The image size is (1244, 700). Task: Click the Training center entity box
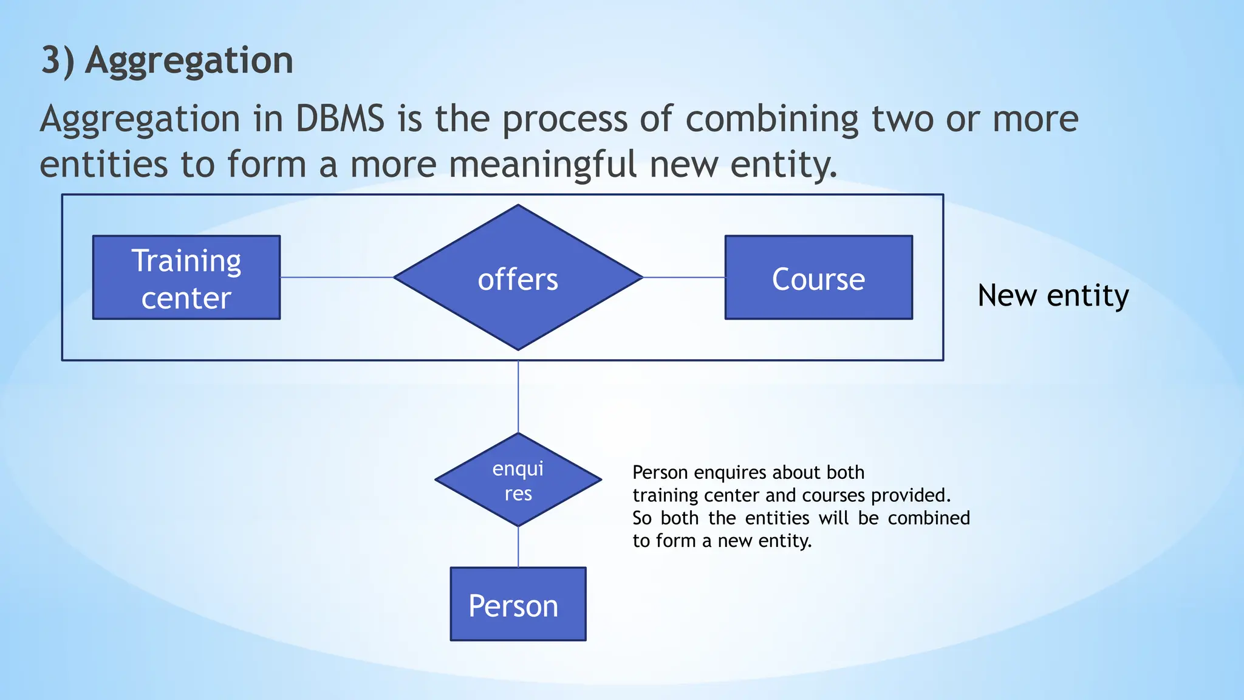pos(186,278)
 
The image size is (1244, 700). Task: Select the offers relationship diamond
pos(518,278)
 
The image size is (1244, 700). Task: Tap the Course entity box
pos(818,278)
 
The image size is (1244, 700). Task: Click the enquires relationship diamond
pos(518,480)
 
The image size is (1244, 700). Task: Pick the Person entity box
pos(518,604)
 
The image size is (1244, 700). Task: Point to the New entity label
pos(1053,296)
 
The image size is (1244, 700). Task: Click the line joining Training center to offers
pos(337,278)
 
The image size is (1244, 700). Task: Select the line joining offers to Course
pos(684,278)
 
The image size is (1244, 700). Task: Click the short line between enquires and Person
pos(518,547)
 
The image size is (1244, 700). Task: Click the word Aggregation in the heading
pos(189,61)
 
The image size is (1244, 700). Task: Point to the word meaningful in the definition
pos(542,165)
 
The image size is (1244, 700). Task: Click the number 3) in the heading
pos(58,61)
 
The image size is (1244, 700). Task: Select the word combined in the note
pos(928,518)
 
